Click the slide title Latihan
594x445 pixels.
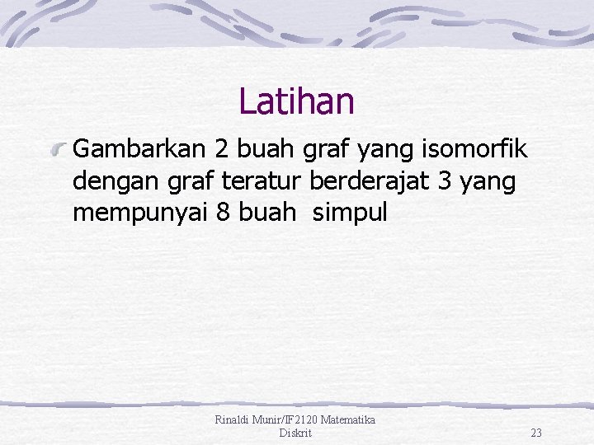pos(296,102)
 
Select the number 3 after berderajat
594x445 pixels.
pos(446,180)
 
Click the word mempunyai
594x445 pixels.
pos(139,212)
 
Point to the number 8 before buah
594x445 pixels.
pos(223,212)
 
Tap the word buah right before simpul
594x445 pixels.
pos(267,212)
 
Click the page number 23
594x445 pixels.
pos(536,433)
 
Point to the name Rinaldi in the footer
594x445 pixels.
pos(232,420)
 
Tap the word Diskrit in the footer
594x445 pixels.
pos(295,433)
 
